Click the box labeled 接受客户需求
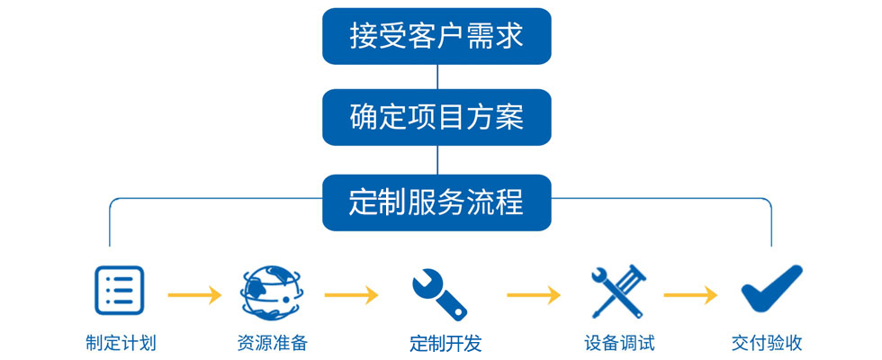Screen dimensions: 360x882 pyautogui.click(x=436, y=36)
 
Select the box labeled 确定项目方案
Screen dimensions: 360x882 pyautogui.click(x=436, y=117)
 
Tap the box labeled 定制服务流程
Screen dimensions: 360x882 pyautogui.click(x=436, y=202)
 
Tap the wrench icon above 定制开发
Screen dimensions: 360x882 pyautogui.click(x=438, y=292)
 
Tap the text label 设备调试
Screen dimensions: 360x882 pyautogui.click(x=618, y=343)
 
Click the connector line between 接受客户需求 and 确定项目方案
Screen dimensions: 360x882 pyautogui.click(x=436, y=76)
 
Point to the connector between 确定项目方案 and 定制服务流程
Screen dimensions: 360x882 pyautogui.click(x=436, y=159)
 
